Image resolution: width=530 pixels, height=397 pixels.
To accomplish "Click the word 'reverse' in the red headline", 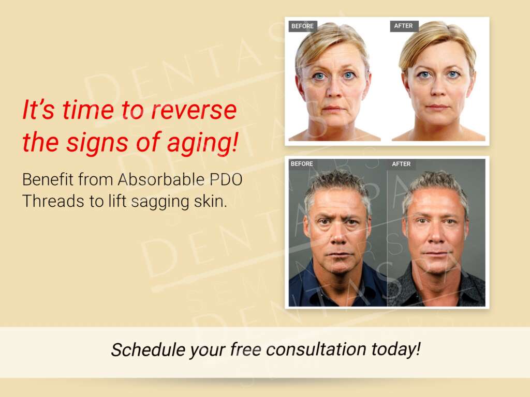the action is click(x=194, y=111).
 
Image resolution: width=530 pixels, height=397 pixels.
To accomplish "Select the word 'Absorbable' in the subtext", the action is click(x=161, y=179).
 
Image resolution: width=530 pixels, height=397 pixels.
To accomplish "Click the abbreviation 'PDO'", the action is click(x=226, y=179).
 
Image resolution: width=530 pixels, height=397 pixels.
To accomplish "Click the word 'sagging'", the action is click(x=160, y=203).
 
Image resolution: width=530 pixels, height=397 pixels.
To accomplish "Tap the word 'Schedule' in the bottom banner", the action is click(x=148, y=349).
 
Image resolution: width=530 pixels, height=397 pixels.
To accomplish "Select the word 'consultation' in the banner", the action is click(x=316, y=349).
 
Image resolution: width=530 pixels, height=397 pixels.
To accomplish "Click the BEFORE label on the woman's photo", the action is click(x=302, y=26).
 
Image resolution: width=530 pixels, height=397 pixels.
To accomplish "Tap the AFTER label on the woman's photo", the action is click(x=404, y=26).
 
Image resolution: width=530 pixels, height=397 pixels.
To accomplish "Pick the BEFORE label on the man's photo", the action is click(x=302, y=164).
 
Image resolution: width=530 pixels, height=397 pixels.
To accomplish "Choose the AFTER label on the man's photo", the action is click(x=401, y=164).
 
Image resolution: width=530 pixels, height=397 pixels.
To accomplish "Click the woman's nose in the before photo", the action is click(x=334, y=89).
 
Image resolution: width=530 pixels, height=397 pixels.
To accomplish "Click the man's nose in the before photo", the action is click(x=338, y=236).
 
